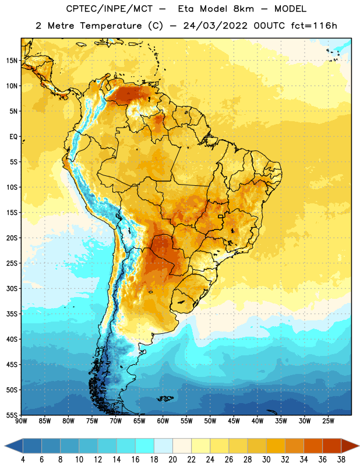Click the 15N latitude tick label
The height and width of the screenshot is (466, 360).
pos(11,61)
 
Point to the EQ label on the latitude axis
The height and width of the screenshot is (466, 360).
pos(13,137)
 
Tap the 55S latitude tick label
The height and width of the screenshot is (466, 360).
pos(11,415)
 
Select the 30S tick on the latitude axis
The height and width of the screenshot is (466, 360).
pos(11,288)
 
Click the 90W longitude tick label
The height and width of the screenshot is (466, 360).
pos(22,421)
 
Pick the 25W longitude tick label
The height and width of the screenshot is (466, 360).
pos(328,421)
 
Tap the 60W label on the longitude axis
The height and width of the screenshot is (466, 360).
pos(163,421)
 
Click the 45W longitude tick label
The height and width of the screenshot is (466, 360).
pos(234,421)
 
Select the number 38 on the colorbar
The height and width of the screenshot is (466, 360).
pos(341,460)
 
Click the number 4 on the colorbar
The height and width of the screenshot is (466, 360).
pos(23,460)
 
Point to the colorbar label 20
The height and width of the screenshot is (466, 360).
pos(172,460)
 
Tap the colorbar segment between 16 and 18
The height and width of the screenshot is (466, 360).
pos(145,446)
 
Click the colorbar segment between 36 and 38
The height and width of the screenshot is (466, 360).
pos(332,446)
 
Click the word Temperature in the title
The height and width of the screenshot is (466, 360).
pos(111,26)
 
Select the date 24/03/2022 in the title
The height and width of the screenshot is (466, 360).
pos(215,26)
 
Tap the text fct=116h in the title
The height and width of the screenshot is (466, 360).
pos(314,26)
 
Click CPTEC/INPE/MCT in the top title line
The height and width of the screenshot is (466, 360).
pos(110,9)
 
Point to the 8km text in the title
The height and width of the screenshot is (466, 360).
pos(243,9)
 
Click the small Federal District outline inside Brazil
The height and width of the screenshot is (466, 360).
pos(221,216)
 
